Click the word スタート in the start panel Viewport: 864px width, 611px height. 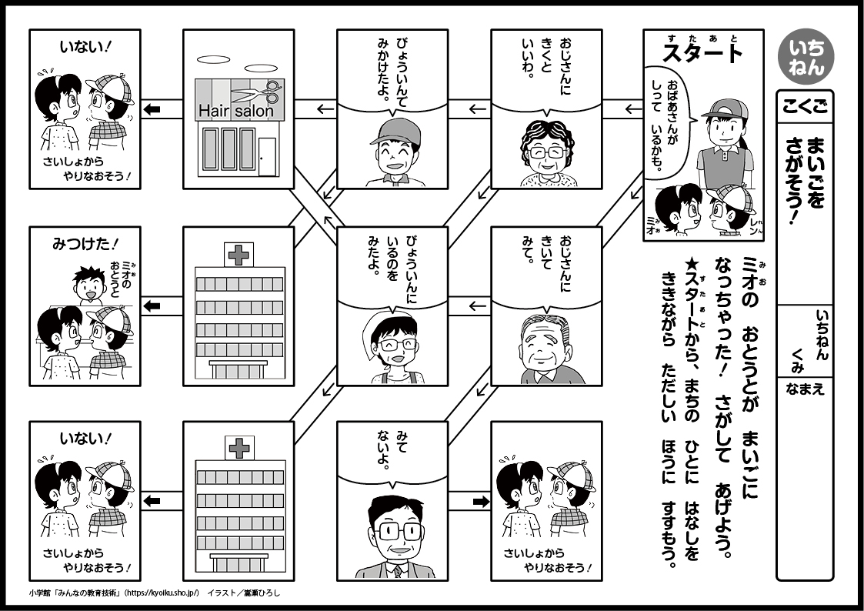click(x=702, y=53)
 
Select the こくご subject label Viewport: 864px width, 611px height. click(x=806, y=106)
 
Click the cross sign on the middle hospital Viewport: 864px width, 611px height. click(x=239, y=253)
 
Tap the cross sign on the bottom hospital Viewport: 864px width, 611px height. click(x=239, y=447)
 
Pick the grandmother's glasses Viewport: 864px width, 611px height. click(x=546, y=152)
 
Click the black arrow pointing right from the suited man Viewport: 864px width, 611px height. click(x=481, y=502)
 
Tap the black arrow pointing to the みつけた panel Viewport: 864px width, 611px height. click(x=152, y=305)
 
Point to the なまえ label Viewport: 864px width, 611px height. click(x=805, y=389)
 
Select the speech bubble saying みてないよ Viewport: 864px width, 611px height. click(x=391, y=454)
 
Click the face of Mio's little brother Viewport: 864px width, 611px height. click(x=86, y=288)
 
